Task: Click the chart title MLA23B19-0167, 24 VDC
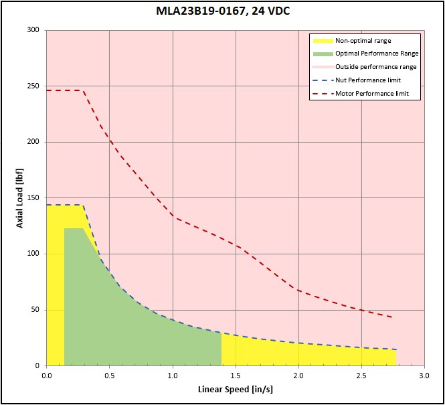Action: (223, 11)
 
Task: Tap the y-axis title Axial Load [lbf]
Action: (19, 198)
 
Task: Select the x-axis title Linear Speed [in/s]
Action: (236, 390)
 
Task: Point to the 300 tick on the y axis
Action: (33, 30)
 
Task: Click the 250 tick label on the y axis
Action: (33, 86)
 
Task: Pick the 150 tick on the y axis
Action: (33, 198)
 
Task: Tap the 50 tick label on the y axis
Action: (35, 310)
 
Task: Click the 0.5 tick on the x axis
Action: (110, 376)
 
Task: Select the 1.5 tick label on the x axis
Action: (236, 376)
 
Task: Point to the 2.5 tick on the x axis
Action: (361, 376)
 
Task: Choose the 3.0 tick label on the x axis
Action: (424, 376)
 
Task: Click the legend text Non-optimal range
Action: (363, 41)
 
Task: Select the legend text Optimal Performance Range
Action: (377, 54)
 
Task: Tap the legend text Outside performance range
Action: (376, 67)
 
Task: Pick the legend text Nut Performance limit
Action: (368, 80)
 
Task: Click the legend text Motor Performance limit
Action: (372, 93)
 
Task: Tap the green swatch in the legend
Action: (323, 54)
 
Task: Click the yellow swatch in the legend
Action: (323, 41)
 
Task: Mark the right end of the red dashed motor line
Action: (393, 317)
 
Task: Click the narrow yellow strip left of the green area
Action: (56, 285)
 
